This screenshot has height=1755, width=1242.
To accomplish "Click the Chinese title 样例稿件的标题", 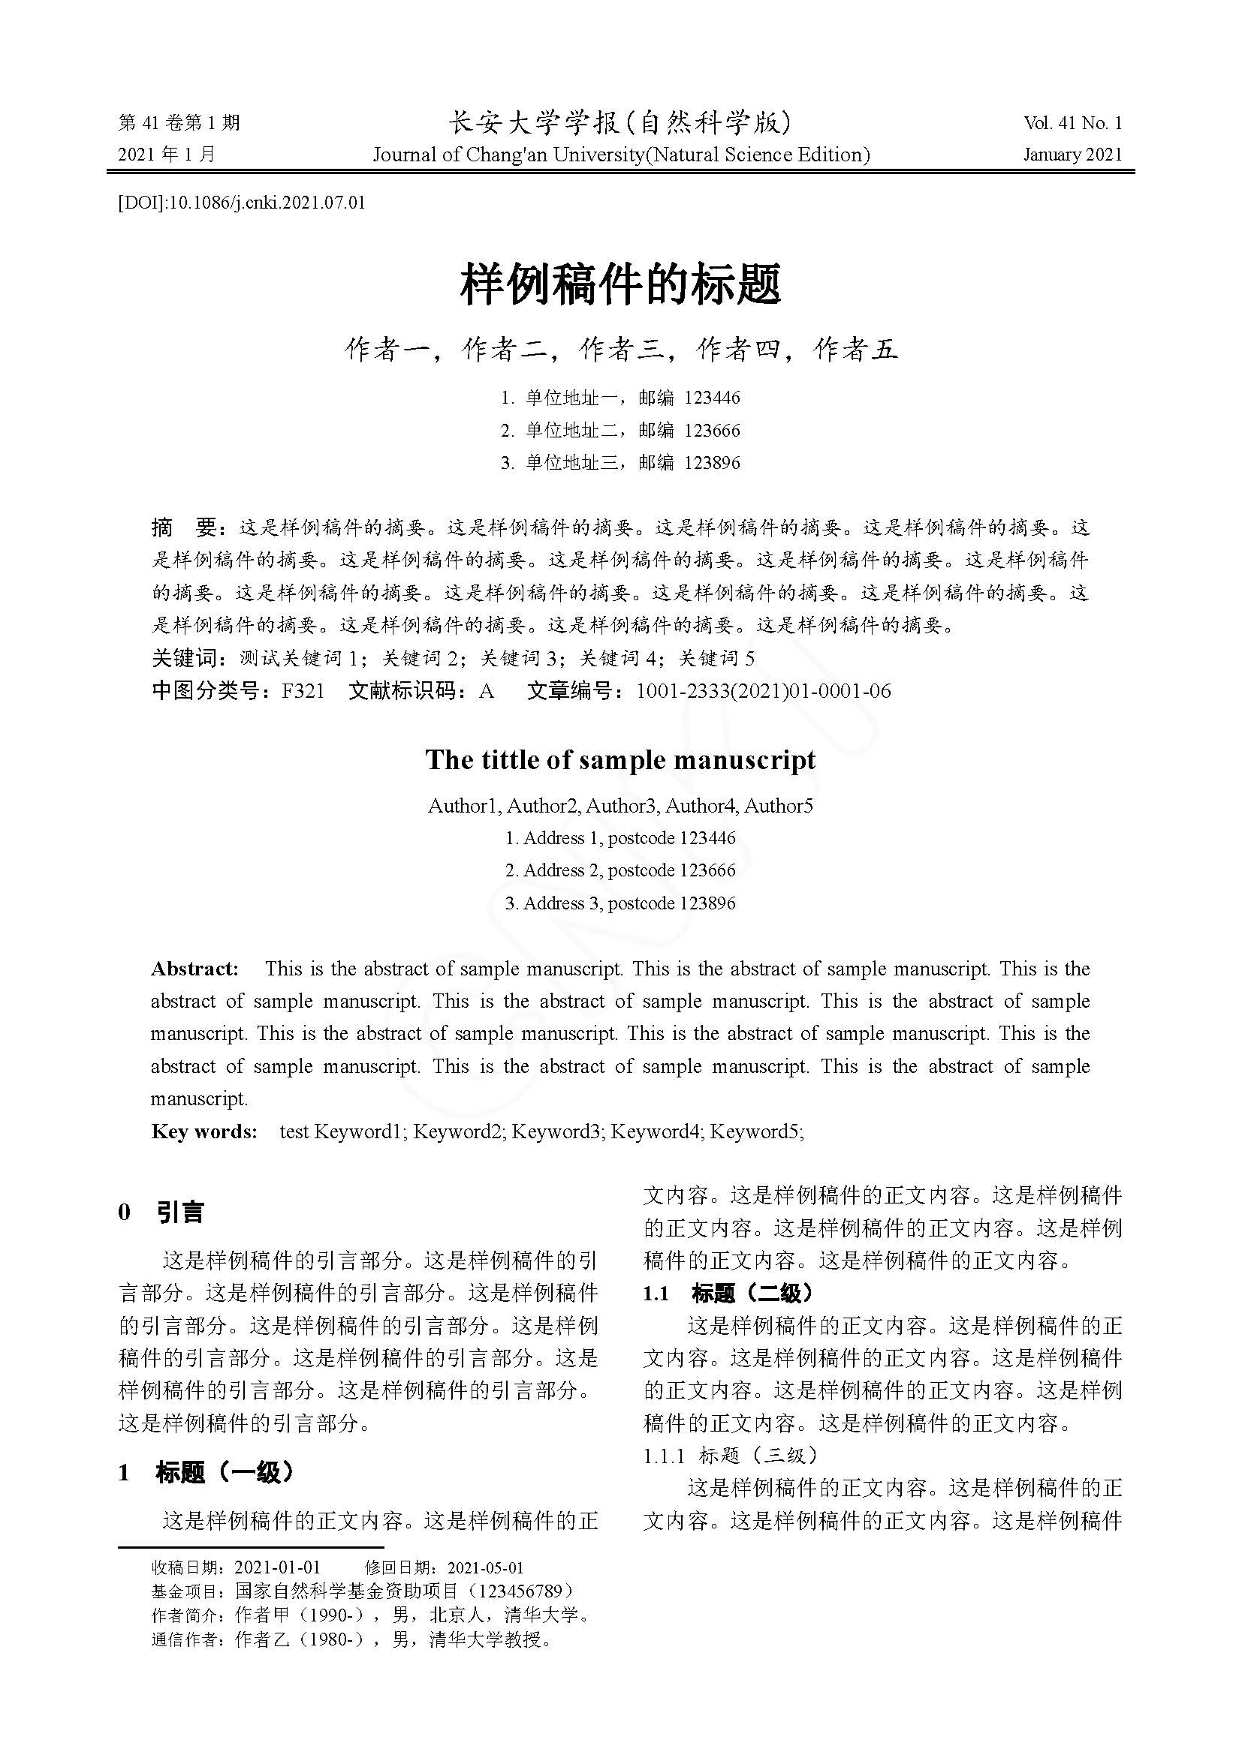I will click(620, 285).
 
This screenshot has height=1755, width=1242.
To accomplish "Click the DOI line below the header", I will click(241, 203).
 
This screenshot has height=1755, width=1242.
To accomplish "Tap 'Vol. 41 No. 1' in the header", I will click(1072, 123).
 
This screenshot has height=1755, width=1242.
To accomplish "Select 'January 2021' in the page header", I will click(1072, 155).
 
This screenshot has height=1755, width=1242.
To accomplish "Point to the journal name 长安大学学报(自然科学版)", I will click(620, 122).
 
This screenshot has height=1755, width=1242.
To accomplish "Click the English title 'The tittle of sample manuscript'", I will click(620, 760).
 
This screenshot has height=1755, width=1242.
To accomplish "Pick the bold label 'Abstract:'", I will click(195, 969).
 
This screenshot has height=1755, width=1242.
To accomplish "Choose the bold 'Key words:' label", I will click(204, 1131).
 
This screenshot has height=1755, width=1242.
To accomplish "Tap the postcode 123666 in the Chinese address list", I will click(712, 431).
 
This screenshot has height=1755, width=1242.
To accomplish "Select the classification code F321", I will click(303, 692).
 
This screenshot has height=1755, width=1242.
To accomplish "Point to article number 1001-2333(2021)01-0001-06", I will click(763, 692).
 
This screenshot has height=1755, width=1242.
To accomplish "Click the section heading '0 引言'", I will click(161, 1213).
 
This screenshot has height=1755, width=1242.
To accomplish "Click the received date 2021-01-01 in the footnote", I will click(277, 1567).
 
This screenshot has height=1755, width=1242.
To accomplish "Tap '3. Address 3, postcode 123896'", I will click(620, 903).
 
